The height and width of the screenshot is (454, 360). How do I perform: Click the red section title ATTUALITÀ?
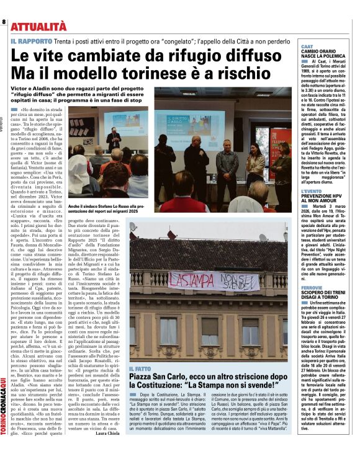(x=38, y=26)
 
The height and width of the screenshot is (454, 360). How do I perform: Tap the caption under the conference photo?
(x=179, y=210)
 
